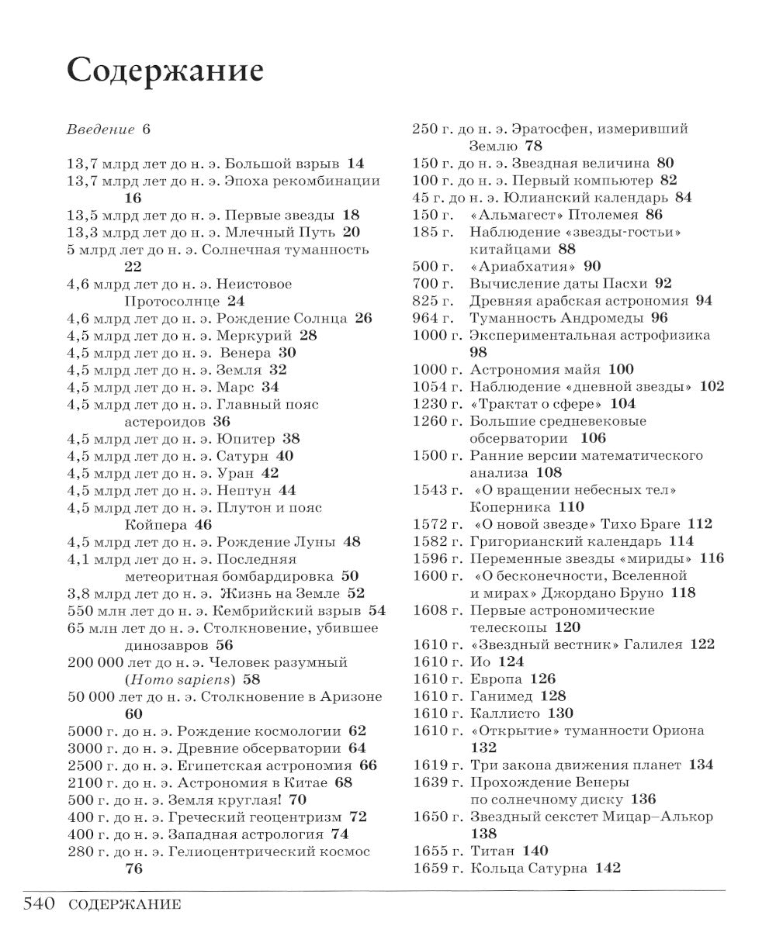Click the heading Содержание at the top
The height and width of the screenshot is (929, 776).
click(165, 71)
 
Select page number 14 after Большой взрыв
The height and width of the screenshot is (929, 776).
click(355, 164)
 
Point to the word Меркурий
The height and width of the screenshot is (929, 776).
click(256, 336)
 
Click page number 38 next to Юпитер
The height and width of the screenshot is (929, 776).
click(291, 439)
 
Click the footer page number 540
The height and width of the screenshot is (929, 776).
click(39, 903)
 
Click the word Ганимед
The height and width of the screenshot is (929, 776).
click(501, 696)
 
